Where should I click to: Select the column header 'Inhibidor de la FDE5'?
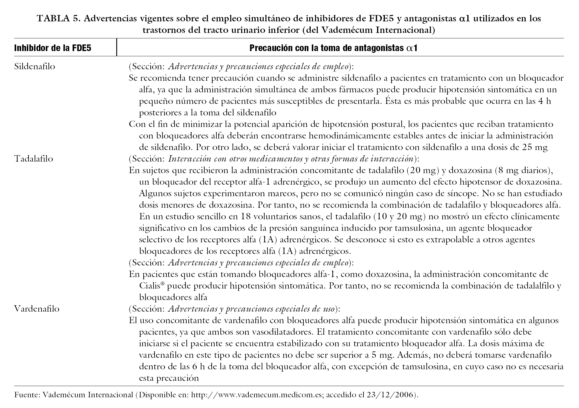(53, 48)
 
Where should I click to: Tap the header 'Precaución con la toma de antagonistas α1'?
(333, 48)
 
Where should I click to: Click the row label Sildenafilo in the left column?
(35, 67)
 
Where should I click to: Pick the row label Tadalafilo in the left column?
(34, 159)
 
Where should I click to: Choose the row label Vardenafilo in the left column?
(37, 309)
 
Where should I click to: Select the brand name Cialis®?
(152, 286)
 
